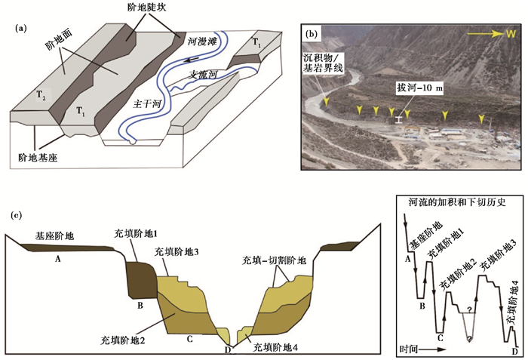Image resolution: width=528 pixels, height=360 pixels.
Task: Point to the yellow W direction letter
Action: coord(511,34)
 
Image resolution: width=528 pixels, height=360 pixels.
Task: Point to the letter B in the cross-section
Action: coord(140,306)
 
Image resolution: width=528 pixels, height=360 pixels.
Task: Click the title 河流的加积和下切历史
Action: coord(461,202)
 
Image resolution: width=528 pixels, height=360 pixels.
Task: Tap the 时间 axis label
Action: coord(414,349)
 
